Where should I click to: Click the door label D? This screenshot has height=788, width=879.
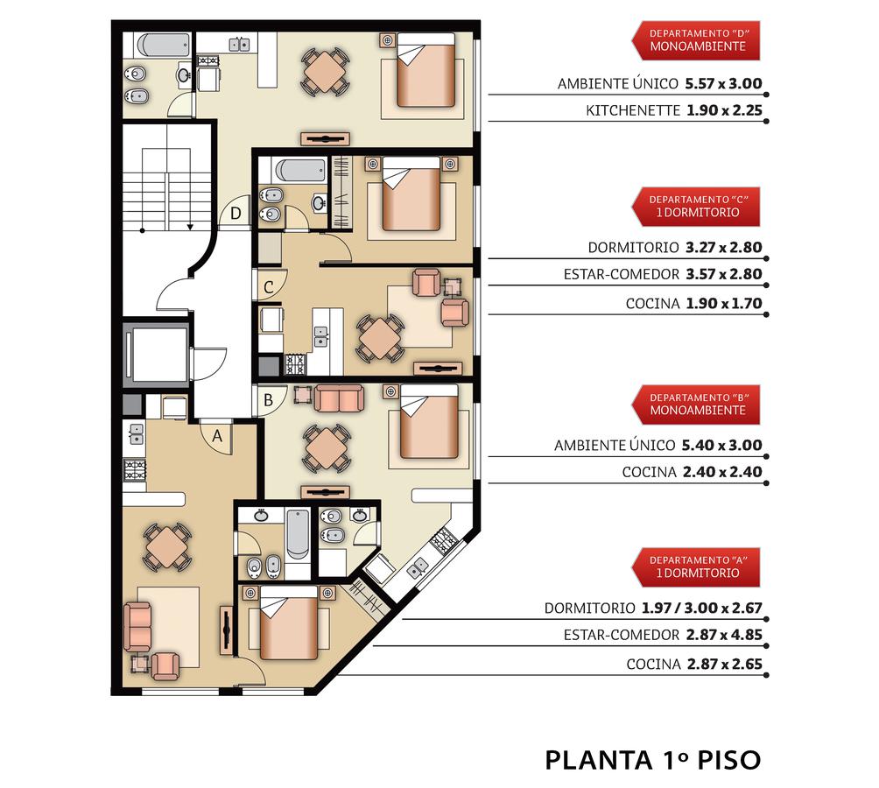pos(236,213)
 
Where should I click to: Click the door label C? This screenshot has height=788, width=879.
pos(269,287)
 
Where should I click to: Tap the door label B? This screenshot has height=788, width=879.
pos(269,400)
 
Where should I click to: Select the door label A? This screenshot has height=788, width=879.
pos(217,435)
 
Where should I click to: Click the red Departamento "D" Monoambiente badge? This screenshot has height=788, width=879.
pos(696,40)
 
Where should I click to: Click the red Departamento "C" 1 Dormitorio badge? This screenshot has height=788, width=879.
pos(696,207)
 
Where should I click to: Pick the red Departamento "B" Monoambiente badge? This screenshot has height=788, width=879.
pos(696,405)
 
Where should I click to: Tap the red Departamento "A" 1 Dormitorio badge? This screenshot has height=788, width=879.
pos(696,567)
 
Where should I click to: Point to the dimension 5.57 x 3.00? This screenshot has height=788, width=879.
pos(724,83)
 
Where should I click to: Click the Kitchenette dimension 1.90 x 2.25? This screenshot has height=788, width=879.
pos(725,110)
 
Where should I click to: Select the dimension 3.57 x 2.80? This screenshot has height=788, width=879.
pos(724,274)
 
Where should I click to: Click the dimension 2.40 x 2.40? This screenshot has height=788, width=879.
pos(722,472)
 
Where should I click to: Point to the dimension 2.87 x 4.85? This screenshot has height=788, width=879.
pos(724,635)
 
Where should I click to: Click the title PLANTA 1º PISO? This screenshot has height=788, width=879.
pos(653,761)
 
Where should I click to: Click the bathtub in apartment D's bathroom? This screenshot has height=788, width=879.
pos(163,46)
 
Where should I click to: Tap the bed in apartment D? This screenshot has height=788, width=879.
pos(425,70)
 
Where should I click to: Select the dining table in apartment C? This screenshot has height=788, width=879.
pos(380,338)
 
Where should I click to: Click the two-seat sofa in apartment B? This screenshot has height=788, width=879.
pos(339,398)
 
